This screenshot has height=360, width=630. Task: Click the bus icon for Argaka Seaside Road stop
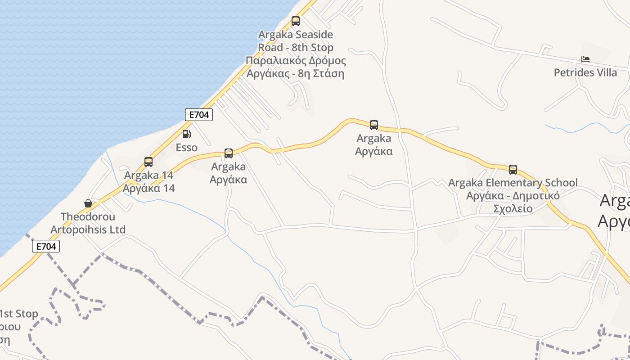click(x=296, y=21)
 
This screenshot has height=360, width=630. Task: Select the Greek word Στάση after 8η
click(x=329, y=73)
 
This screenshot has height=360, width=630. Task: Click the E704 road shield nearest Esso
click(x=199, y=115)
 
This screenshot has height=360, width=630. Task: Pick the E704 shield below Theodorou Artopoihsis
click(x=46, y=246)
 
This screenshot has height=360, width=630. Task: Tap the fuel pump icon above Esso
click(x=186, y=134)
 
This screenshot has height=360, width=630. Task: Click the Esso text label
click(x=186, y=148)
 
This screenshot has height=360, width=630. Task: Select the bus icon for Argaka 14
click(x=148, y=162)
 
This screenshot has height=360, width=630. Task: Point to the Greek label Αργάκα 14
click(x=149, y=189)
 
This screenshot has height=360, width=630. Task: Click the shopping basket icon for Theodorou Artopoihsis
click(x=88, y=204)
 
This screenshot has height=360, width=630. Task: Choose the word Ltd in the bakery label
click(x=117, y=230)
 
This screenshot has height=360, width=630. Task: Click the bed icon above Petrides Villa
click(x=585, y=59)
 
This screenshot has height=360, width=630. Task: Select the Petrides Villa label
click(x=585, y=72)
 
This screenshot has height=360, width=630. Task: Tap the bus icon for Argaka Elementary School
click(x=513, y=170)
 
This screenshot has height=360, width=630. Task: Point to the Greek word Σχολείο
click(x=513, y=209)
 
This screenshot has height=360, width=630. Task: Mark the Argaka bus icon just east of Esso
click(x=229, y=153)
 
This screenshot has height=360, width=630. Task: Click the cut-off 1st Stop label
click(x=19, y=314)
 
